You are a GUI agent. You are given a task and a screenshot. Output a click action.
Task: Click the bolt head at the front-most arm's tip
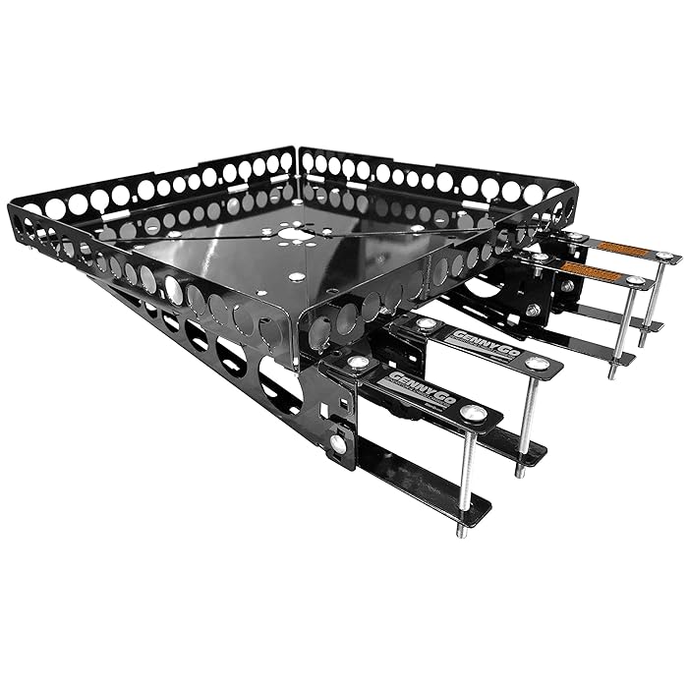click(474, 414)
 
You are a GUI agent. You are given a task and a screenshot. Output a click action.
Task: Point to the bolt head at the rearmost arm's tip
click(665, 257)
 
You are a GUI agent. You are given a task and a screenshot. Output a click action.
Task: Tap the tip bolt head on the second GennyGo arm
click(536, 363)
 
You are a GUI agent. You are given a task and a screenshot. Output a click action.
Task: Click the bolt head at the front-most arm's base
click(358, 363)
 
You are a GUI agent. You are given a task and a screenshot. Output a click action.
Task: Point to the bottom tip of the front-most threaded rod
click(458, 534)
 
